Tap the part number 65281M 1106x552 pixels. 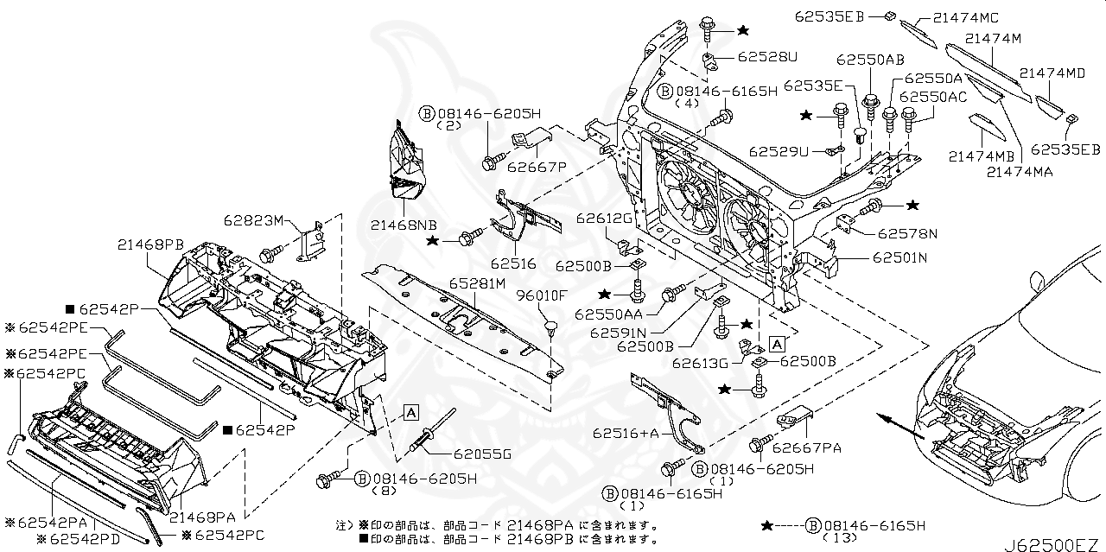pyautogui.click(x=478, y=284)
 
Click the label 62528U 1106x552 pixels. pyautogui.click(x=767, y=57)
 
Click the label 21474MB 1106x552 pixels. pyautogui.click(x=981, y=156)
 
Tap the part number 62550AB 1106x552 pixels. pyautogui.click(x=870, y=60)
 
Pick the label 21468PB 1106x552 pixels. pyautogui.click(x=152, y=245)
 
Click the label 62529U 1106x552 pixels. pyautogui.click(x=779, y=151)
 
